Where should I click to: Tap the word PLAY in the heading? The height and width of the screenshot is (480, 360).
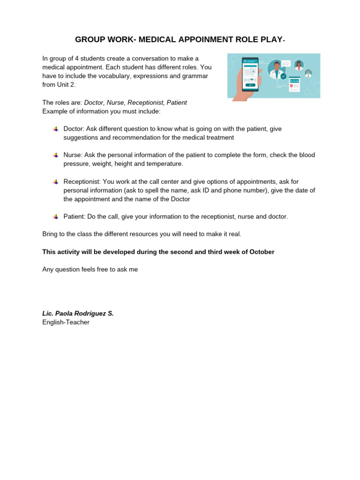(x=269, y=40)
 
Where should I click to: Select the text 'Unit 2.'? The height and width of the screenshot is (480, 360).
(x=66, y=85)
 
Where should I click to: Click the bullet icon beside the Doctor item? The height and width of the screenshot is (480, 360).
(x=56, y=129)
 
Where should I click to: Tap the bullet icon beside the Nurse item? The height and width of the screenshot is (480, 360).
(x=56, y=155)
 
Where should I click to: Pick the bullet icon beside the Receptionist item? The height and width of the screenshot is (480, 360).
(x=56, y=181)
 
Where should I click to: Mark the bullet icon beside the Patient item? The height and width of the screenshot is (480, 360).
(x=56, y=217)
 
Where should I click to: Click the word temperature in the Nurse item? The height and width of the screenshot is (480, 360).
(x=165, y=164)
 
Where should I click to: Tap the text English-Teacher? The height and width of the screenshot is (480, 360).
(x=66, y=322)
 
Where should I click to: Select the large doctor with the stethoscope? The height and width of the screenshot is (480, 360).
(x=277, y=70)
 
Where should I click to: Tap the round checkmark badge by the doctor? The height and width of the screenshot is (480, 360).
(x=283, y=76)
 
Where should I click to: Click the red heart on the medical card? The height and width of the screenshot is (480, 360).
(x=292, y=86)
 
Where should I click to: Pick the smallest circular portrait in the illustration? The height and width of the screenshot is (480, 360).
(x=308, y=73)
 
